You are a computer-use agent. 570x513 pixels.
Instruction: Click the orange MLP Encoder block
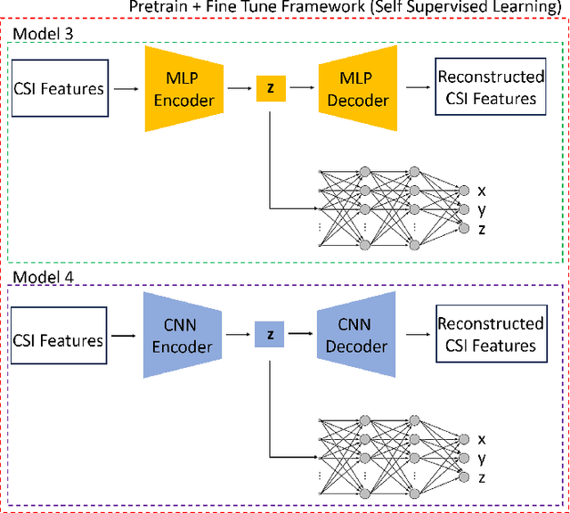click(183, 88)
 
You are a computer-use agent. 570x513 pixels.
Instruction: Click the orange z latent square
click(269, 88)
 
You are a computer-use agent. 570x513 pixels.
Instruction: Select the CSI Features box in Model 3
click(59, 88)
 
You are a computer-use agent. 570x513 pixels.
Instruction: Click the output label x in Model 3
click(482, 191)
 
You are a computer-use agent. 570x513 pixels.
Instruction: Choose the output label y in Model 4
click(482, 458)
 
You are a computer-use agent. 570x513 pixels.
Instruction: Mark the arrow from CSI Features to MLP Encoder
click(126, 88)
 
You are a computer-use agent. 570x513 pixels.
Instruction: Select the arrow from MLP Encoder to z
click(238, 88)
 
